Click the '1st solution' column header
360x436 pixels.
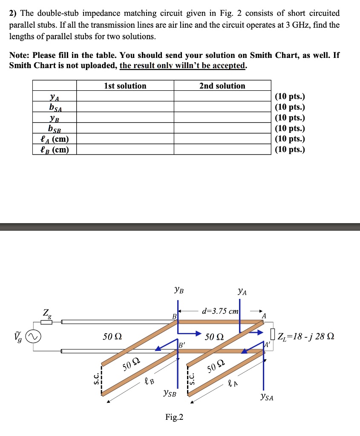tap(125, 86)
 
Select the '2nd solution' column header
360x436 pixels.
tap(222, 86)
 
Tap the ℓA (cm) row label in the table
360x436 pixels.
tap(55, 139)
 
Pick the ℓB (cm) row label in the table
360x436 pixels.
tap(55, 149)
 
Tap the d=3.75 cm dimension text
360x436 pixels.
tap(220, 311)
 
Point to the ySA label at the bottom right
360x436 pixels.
tap(267, 398)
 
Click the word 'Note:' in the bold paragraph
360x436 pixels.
tap(20, 55)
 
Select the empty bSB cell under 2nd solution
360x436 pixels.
tap(222, 129)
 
